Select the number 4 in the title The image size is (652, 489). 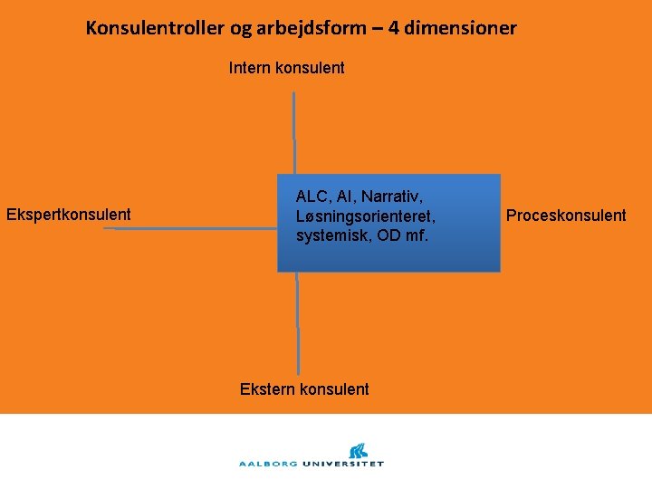(394, 28)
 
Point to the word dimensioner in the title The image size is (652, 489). (462, 28)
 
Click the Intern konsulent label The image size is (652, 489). (286, 68)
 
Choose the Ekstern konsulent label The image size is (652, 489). (304, 389)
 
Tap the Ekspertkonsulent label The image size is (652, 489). (69, 215)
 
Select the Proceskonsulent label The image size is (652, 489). (566, 216)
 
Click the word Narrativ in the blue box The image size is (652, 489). (396, 197)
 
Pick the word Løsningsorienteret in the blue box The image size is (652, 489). (366, 216)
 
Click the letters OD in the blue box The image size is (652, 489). (392, 235)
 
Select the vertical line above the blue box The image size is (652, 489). (293, 132)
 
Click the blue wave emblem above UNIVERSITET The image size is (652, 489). (358, 449)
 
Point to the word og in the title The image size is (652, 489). (241, 29)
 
